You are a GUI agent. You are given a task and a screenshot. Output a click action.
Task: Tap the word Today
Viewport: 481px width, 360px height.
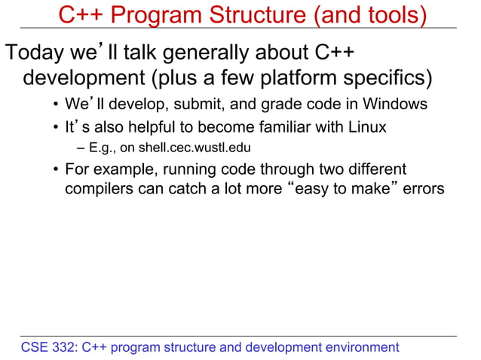[x=35, y=53]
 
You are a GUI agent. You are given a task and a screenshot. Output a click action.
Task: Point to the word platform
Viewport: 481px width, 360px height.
[x=311, y=78]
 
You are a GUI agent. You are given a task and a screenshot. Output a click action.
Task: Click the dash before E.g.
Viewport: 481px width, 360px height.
[x=81, y=148]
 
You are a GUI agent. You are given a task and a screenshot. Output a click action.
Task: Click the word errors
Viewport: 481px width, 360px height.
[x=424, y=188]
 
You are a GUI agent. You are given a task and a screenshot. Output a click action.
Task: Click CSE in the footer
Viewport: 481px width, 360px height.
[x=35, y=347]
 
